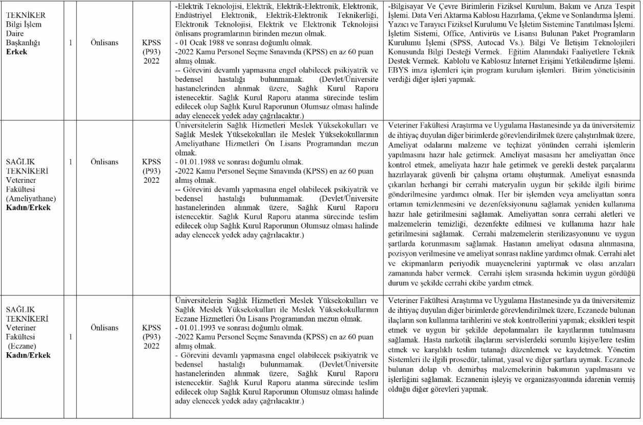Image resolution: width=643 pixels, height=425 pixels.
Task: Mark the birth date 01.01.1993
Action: click(x=198, y=327)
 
